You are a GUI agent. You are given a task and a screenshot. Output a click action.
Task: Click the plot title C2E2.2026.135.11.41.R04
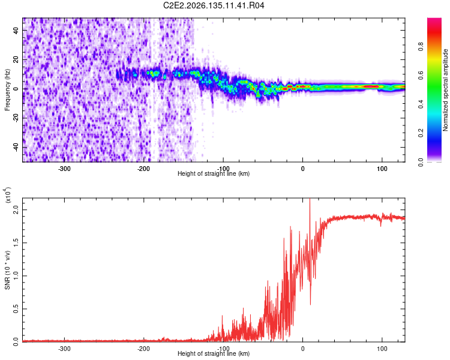214,5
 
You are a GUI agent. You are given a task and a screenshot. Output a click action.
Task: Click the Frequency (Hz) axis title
7,90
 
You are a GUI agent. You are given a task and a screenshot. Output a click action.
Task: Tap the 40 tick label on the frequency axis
16,30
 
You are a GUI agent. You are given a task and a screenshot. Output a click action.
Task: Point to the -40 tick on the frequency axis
16,147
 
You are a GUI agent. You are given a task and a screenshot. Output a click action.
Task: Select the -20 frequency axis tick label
16,118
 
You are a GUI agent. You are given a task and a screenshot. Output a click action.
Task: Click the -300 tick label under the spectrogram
64,169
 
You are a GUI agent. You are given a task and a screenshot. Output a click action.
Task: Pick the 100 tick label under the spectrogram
382,169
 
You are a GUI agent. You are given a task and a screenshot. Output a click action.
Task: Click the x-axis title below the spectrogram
214,173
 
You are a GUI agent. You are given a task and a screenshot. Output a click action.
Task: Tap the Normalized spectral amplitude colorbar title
445,90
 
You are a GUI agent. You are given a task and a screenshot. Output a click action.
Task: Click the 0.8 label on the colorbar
421,46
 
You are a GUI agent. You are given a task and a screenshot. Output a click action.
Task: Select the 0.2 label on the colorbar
421,133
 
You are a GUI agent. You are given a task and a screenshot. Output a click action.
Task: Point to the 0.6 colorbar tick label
421,75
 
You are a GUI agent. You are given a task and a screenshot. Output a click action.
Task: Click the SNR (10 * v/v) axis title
7,270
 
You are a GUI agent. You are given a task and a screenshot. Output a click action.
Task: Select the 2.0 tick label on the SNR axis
16,209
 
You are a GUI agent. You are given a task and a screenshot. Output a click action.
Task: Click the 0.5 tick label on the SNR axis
16,309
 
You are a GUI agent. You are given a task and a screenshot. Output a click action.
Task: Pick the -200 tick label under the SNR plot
143,349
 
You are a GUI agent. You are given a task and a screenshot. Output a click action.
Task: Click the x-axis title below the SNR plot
214,353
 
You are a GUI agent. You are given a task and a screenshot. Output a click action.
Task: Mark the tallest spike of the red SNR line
310,199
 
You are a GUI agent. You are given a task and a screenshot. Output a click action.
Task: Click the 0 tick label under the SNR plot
303,349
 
